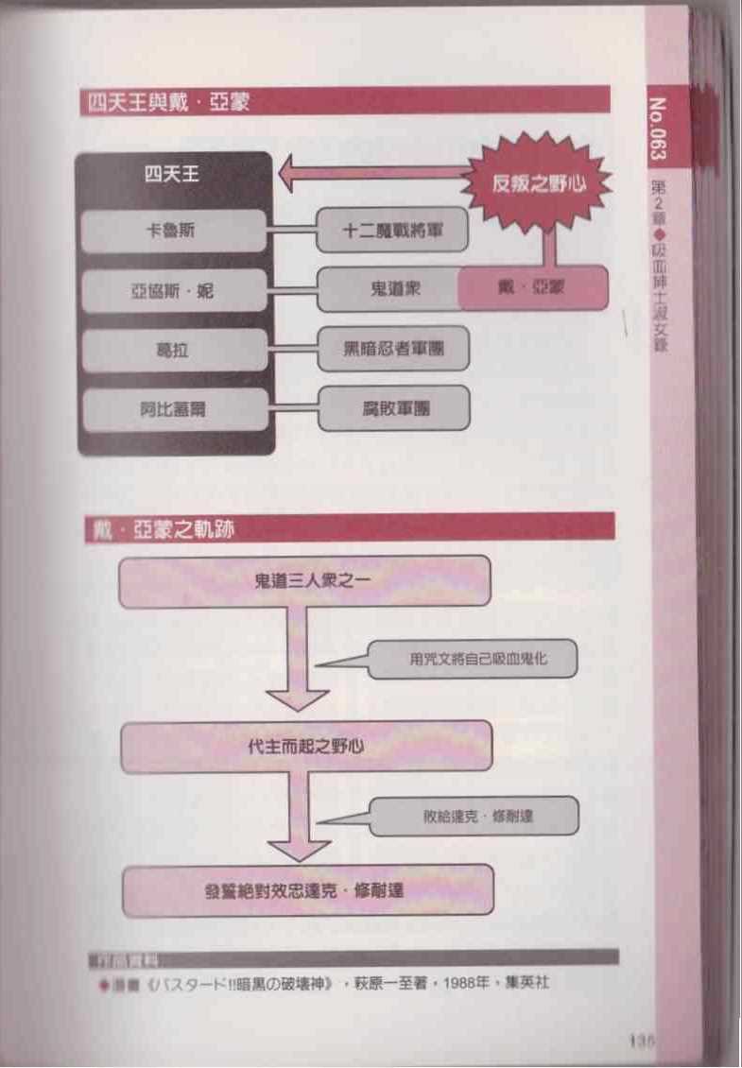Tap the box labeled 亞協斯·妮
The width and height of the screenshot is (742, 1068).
tap(174, 290)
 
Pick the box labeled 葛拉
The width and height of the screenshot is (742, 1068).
tap(174, 350)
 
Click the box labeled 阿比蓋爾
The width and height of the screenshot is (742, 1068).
tap(174, 408)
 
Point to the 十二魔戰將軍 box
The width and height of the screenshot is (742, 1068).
tap(392, 231)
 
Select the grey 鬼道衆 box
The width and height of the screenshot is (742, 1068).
tap(388, 289)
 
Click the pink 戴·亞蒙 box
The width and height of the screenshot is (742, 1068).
tap(532, 288)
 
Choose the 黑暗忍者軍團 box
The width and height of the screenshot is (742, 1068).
tap(393, 349)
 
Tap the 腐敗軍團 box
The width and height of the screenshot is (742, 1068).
tap(393, 408)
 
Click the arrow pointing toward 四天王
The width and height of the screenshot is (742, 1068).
tap(378, 174)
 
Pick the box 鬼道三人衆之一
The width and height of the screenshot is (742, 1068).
tap(304, 580)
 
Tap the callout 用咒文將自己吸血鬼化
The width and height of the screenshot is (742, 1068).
tap(472, 658)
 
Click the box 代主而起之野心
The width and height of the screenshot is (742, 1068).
tap(305, 747)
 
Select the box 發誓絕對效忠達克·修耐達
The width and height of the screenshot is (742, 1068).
tap(308, 890)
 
